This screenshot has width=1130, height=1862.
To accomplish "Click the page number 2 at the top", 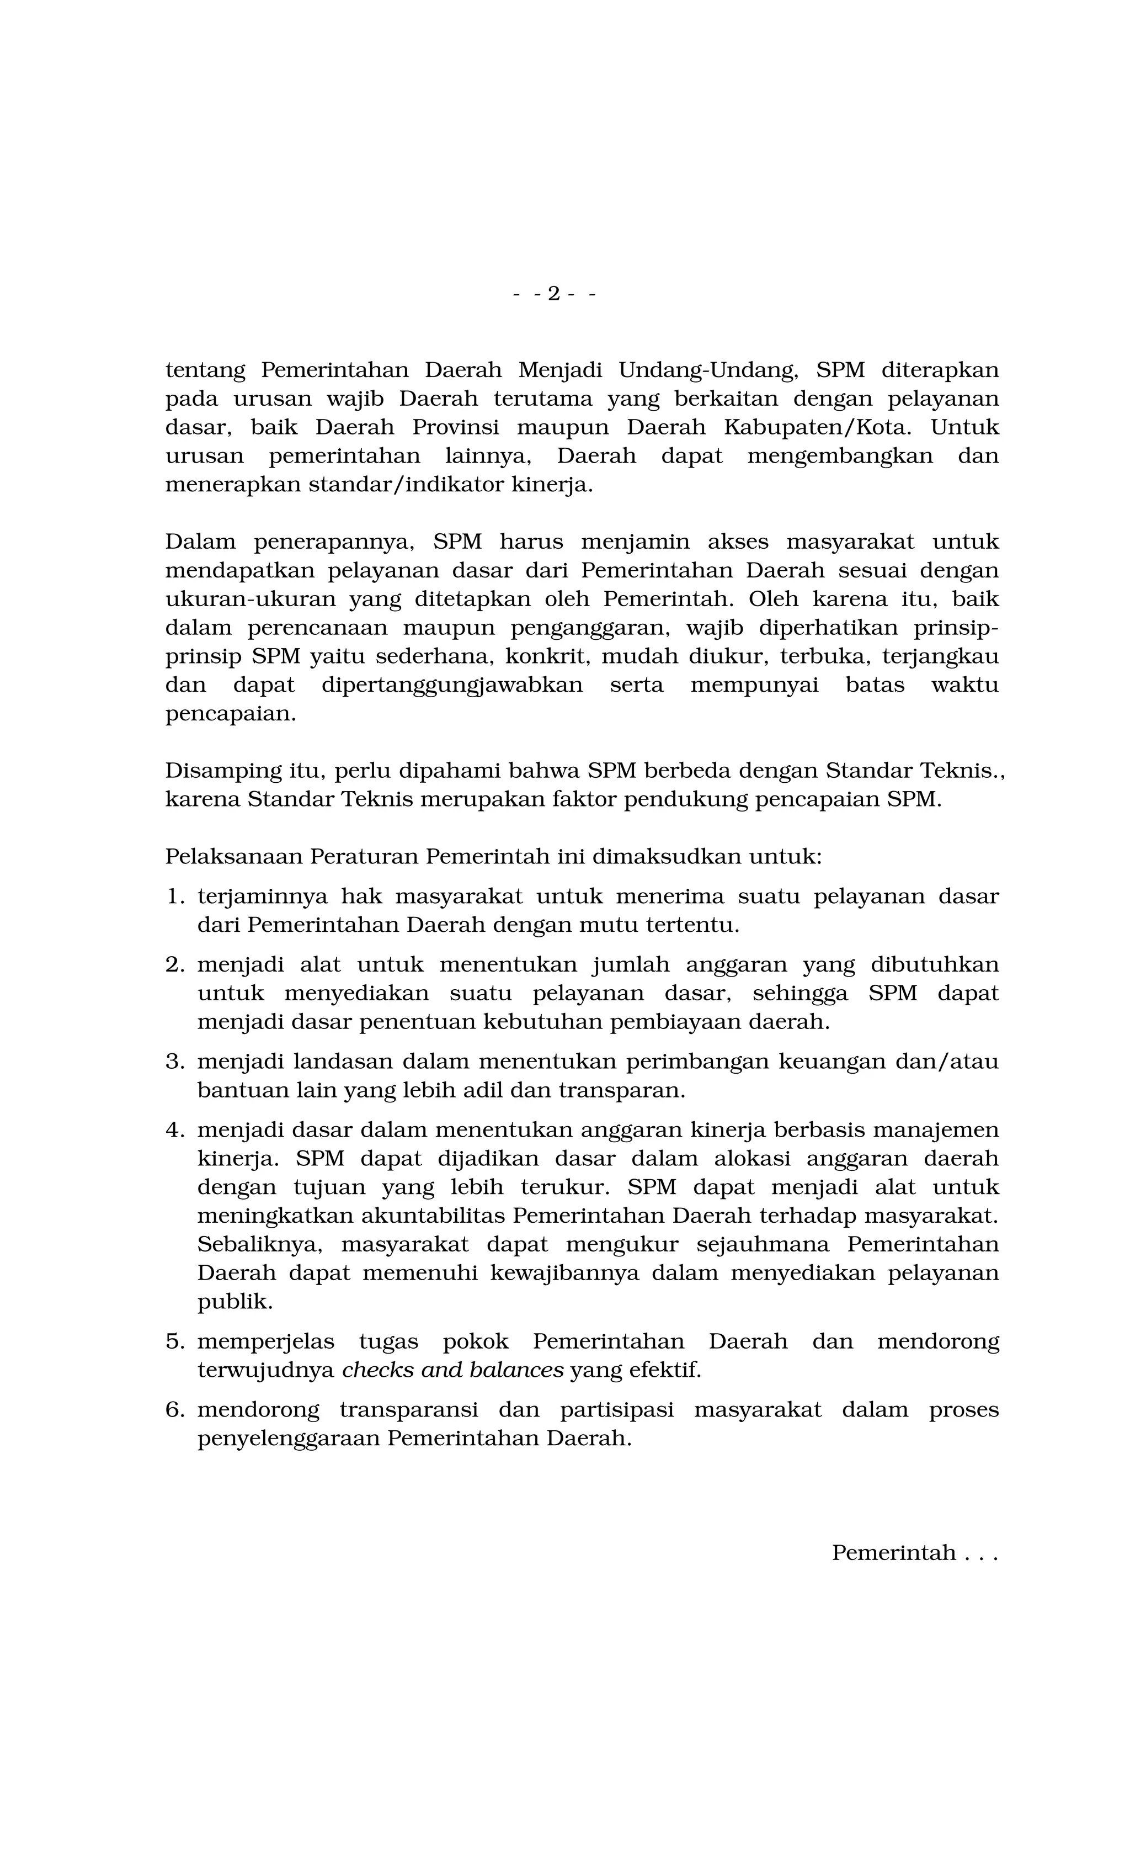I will tap(553, 293).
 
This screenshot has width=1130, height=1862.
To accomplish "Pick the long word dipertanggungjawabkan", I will tap(452, 686).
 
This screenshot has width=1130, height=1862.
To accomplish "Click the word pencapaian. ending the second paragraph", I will tap(231, 714).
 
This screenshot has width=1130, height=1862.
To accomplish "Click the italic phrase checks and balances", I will tap(452, 1371).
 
